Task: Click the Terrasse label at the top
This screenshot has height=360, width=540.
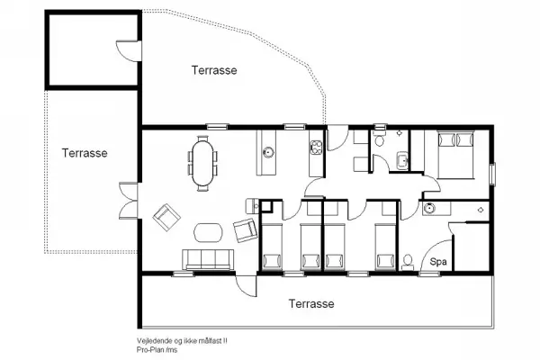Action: coord(214,69)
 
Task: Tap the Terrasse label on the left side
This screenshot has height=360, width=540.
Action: coord(85,153)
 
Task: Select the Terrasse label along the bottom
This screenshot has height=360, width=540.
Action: coord(311,304)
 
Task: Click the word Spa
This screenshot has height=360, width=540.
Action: coord(438,262)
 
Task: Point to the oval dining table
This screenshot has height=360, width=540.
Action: coord(202,162)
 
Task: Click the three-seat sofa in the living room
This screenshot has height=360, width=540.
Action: coord(209,259)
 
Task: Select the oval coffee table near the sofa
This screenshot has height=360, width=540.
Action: coord(208,231)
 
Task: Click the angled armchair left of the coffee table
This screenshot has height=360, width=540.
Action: coord(166,216)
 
